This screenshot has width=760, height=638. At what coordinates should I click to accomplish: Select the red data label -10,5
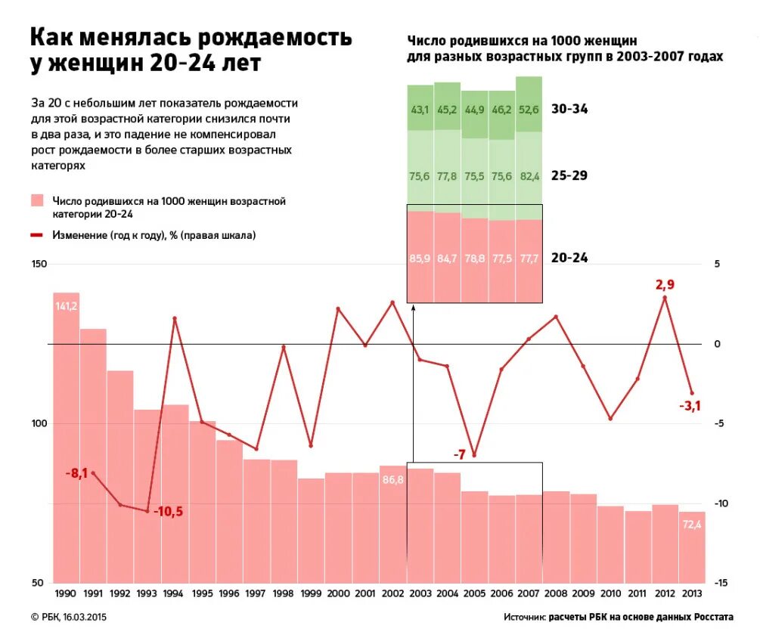168,512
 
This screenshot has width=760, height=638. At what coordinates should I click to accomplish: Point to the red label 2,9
665,285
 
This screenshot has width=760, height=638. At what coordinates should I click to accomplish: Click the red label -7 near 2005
459,454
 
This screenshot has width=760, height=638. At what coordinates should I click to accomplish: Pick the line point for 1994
175,318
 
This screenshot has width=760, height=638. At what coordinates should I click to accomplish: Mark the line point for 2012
665,298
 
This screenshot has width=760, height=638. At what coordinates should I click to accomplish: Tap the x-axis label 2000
338,594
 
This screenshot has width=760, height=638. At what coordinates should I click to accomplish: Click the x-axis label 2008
556,594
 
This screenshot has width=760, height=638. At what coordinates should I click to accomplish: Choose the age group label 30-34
569,110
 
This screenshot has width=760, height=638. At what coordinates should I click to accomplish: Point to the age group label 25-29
569,175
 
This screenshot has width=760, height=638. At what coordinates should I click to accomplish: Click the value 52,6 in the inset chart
529,110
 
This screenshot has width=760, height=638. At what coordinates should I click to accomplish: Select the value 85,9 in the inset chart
420,259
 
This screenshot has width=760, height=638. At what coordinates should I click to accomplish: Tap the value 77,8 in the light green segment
447,176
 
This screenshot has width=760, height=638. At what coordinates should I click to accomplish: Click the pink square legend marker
37,201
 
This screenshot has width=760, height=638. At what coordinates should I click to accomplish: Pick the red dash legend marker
37,235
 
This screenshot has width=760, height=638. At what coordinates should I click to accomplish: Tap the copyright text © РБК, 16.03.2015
69,617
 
